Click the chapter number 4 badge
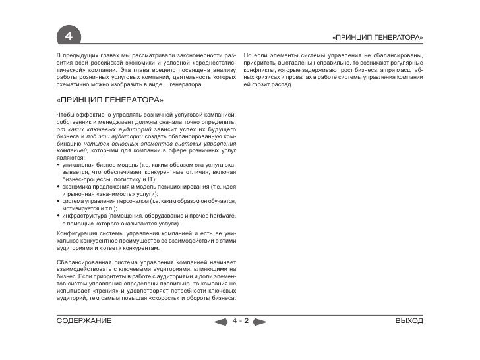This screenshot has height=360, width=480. click(x=68, y=34)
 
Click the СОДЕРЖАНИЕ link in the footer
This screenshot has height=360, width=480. click(x=83, y=321)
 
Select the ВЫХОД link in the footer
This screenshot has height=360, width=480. click(x=409, y=321)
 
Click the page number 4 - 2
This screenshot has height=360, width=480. click(x=240, y=321)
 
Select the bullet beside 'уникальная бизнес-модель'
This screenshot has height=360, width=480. click(x=58, y=164)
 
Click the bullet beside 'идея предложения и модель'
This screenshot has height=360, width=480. click(x=58, y=187)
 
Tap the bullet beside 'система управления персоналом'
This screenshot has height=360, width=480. click(x=58, y=201)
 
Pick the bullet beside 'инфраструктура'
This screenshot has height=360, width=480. click(x=58, y=216)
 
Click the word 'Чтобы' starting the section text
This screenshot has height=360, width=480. click(x=66, y=115)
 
